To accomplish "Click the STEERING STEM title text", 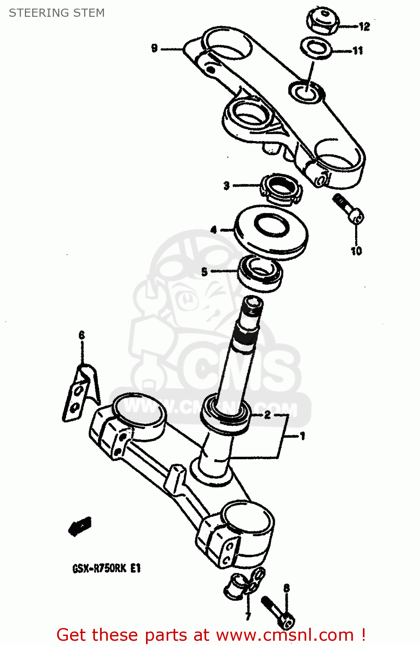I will click(57, 13).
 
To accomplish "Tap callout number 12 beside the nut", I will click(364, 27).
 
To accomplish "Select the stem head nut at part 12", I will click(322, 22).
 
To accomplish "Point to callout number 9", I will click(155, 48).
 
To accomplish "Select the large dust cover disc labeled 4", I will click(271, 232).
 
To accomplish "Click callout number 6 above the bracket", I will click(82, 335).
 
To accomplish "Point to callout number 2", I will click(267, 415).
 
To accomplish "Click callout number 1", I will click(302, 436).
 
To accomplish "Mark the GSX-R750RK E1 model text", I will click(107, 568).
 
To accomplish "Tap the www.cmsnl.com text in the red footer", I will click(285, 635).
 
